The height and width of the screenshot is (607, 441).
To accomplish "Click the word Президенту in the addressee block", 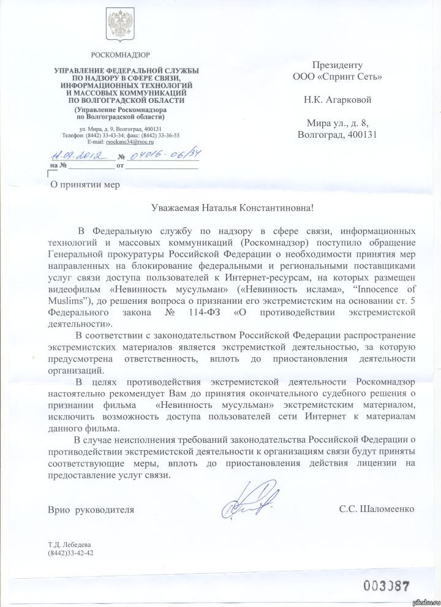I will [x=337, y=65].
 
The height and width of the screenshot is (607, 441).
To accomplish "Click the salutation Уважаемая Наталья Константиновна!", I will [x=232, y=208].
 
